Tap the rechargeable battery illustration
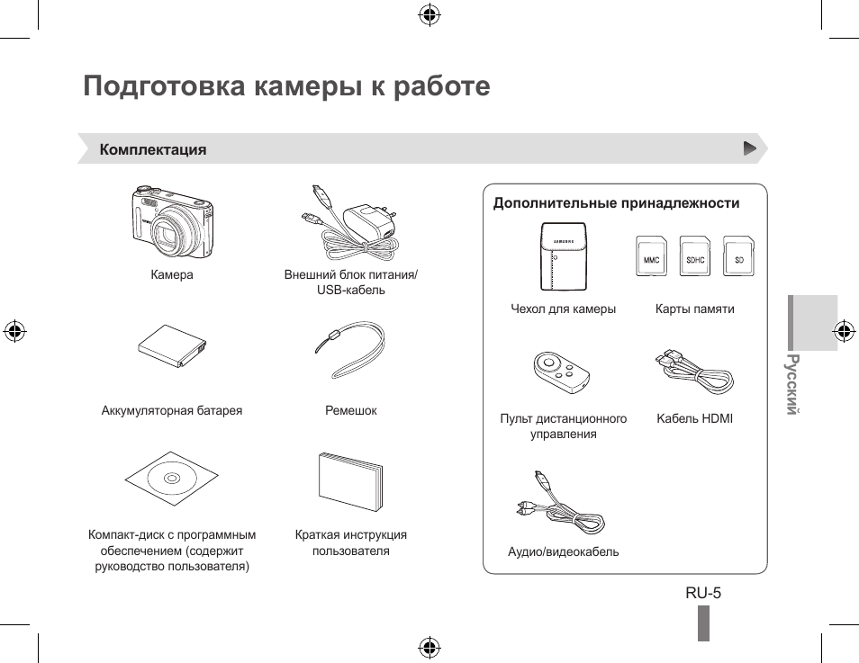tap(172, 347)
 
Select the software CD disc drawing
tap(171, 478)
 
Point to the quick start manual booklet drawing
tap(350, 481)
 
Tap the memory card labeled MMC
tap(651, 256)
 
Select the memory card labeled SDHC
tap(695, 256)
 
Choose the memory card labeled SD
tap(739, 256)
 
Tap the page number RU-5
tap(703, 593)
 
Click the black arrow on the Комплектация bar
tap(749, 148)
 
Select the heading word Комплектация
tap(153, 150)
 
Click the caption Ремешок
tap(350, 410)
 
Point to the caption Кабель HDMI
tap(694, 418)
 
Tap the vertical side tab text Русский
tap(791, 384)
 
